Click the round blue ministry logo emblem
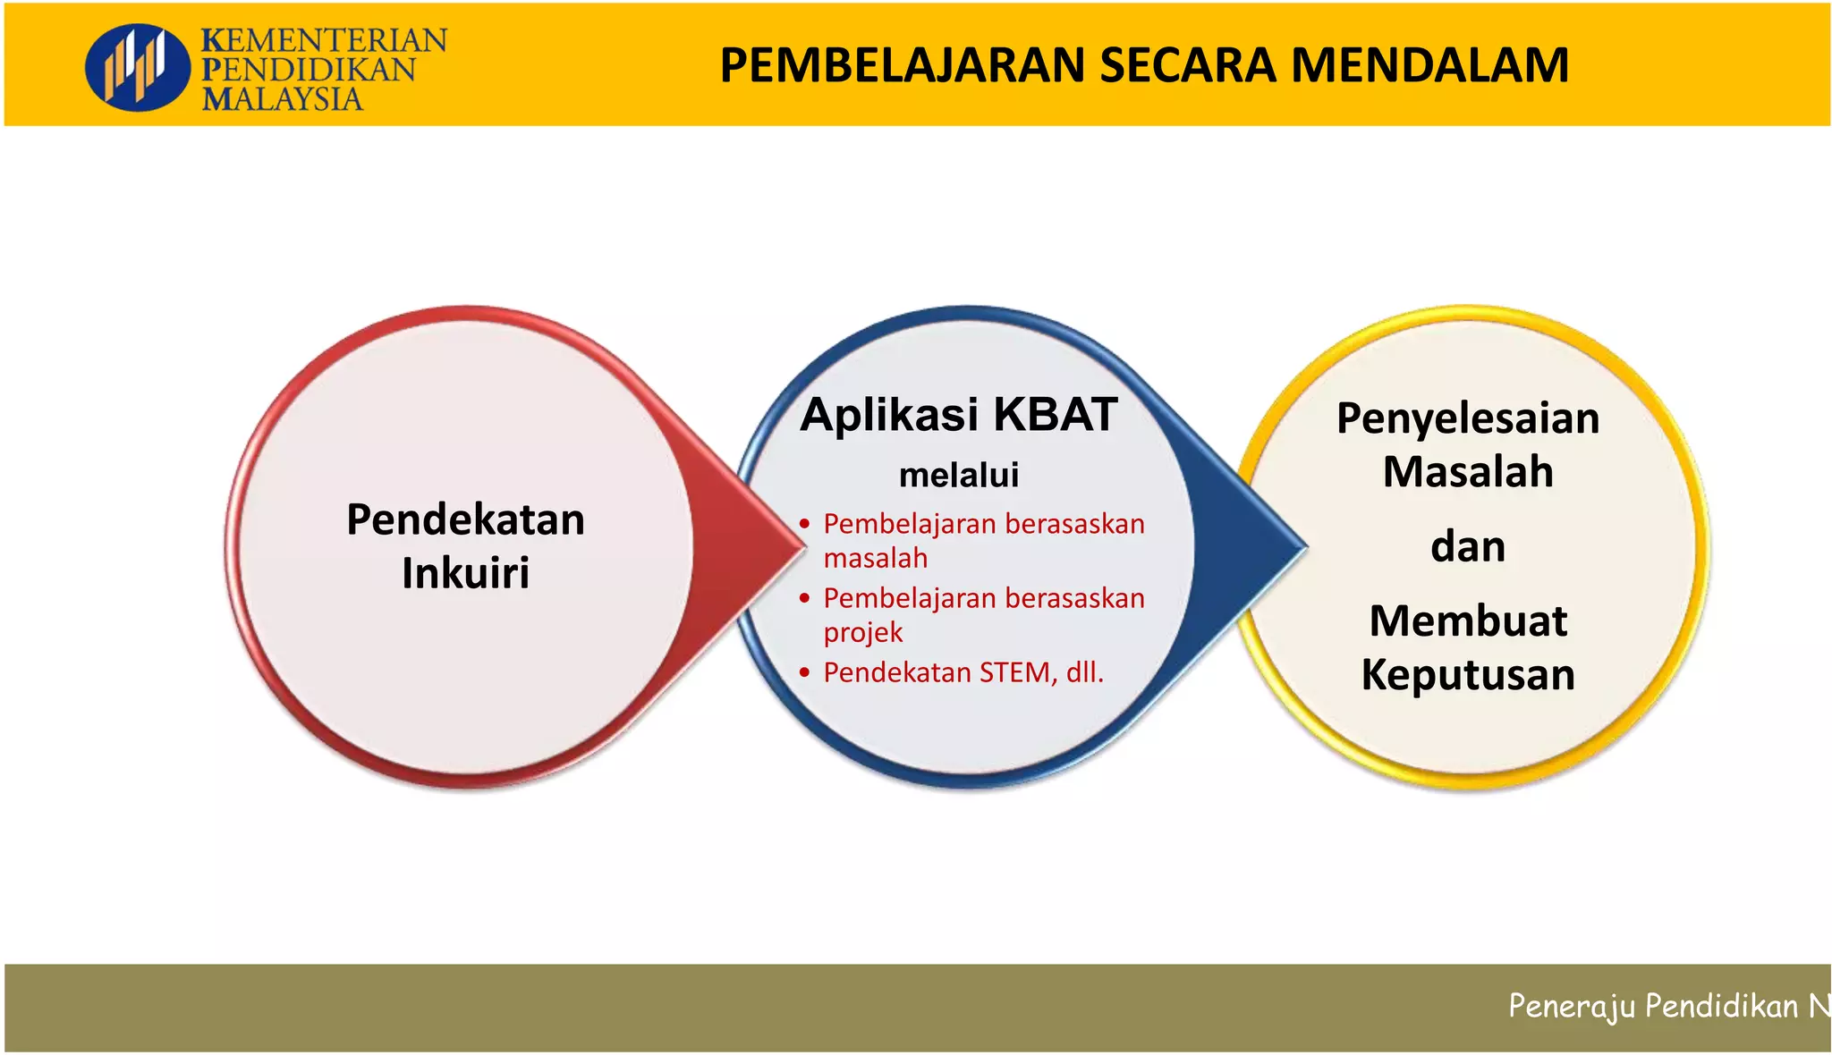tap(137, 67)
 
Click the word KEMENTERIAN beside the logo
tap(324, 40)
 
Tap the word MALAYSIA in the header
tap(282, 98)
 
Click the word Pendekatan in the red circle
tap(465, 519)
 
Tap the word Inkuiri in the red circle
tap(465, 573)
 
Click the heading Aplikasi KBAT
tap(959, 415)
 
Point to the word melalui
tap(959, 476)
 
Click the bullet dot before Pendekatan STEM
tap(805, 672)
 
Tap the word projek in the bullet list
tap(862, 633)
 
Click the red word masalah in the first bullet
tap(875, 559)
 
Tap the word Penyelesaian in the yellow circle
tap(1468, 418)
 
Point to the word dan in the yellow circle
tap(1468, 547)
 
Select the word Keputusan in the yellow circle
tap(1468, 675)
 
